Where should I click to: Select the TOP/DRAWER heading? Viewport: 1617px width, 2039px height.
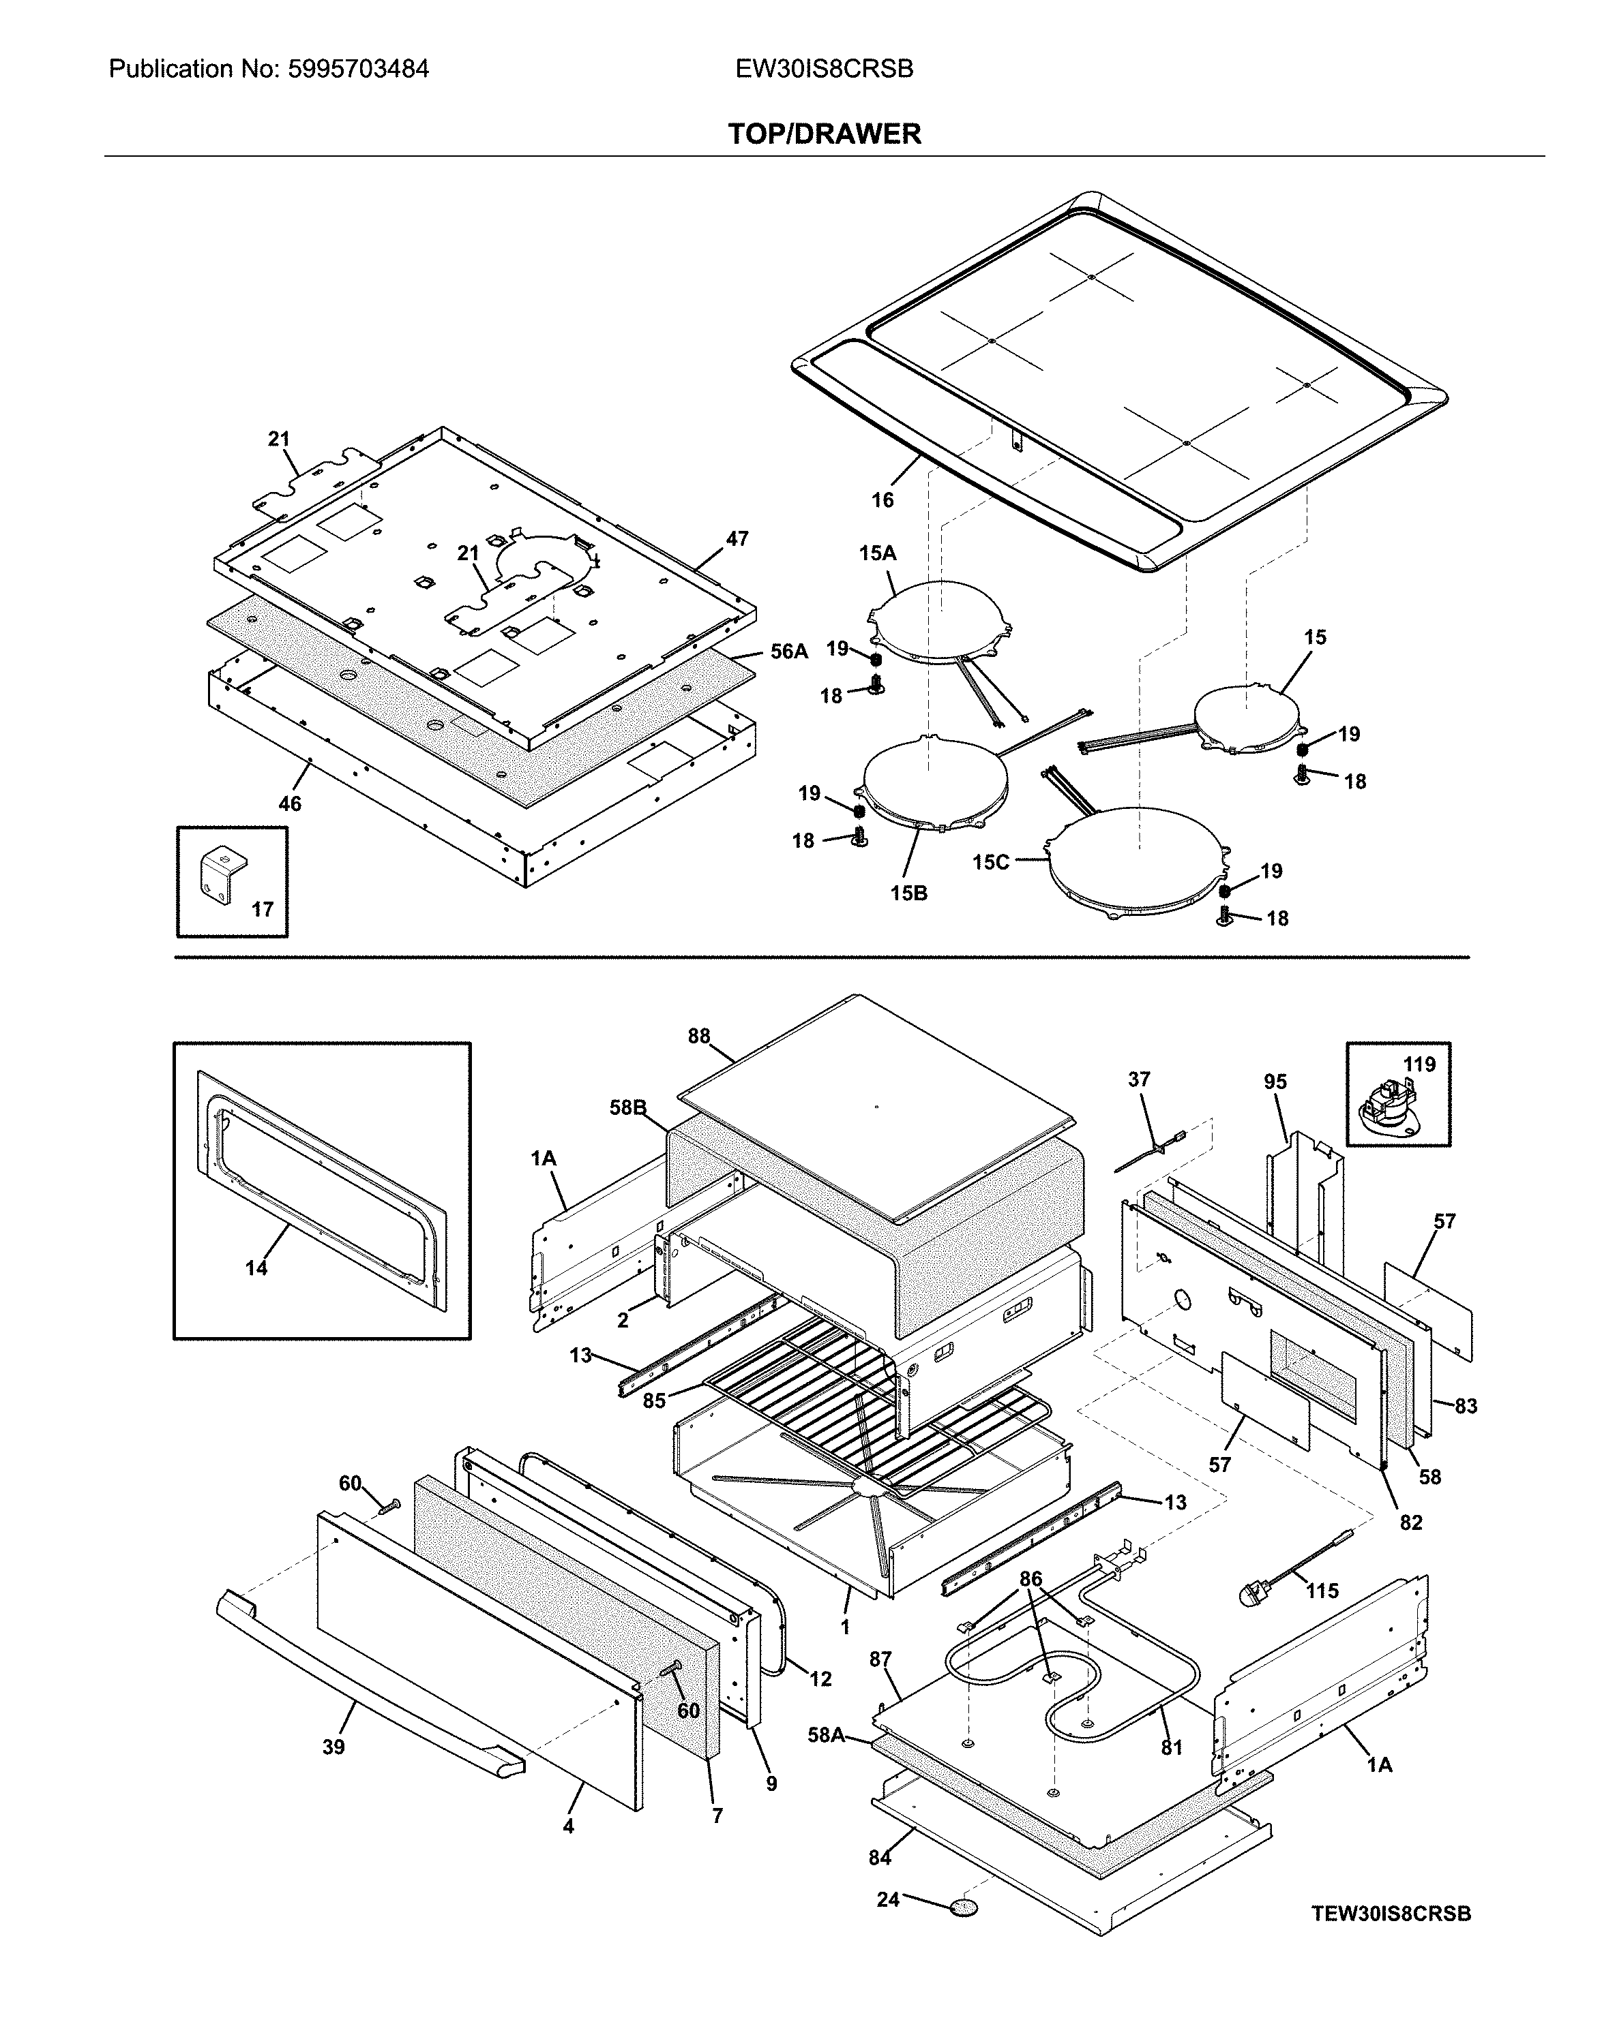[823, 134]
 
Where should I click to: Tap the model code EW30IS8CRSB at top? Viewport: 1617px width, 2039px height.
[823, 69]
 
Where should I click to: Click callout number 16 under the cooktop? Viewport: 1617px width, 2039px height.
[882, 500]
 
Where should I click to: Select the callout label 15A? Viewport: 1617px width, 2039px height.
[877, 553]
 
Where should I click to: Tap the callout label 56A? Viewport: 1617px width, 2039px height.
[788, 651]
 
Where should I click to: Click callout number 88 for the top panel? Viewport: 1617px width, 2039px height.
[698, 1037]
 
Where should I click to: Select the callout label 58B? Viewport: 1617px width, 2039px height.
[627, 1107]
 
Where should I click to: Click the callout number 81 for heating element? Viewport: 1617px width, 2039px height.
[1172, 1748]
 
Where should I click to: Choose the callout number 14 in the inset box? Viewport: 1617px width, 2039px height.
[256, 1268]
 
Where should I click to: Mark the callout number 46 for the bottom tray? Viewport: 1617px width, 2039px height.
[290, 804]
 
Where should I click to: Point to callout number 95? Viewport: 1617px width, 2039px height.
[1275, 1082]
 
